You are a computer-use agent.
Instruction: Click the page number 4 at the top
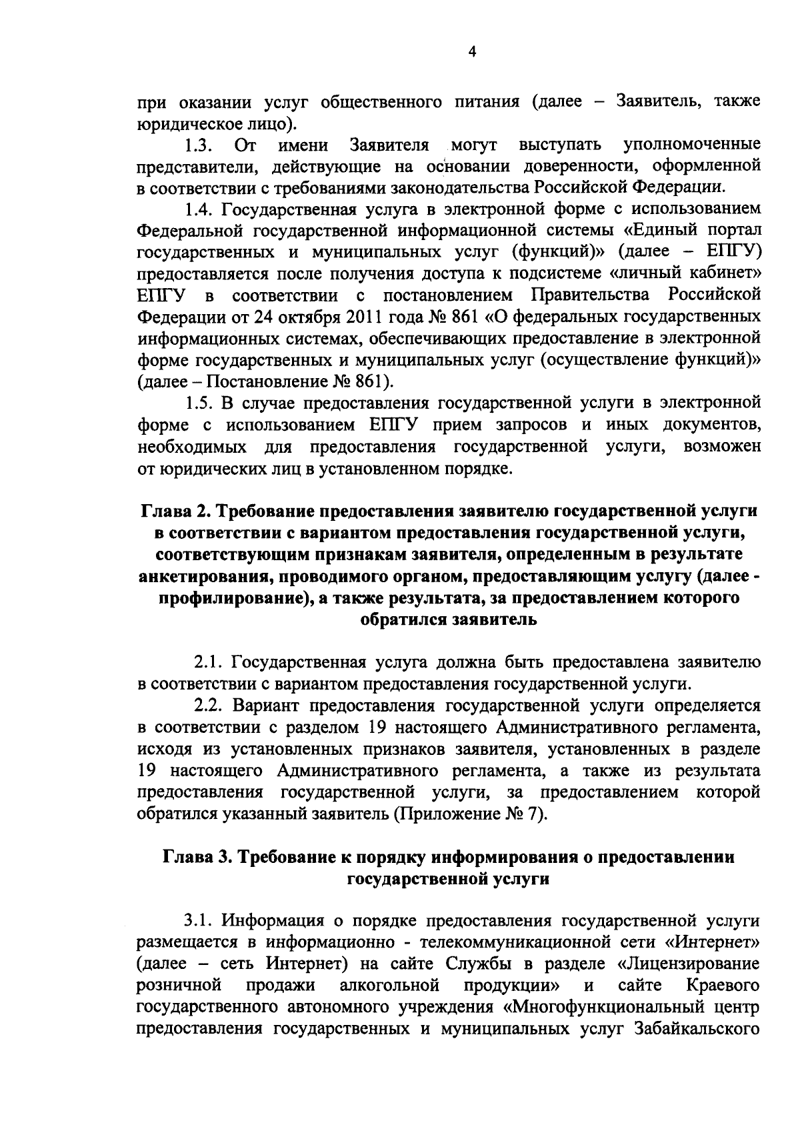[x=472, y=52]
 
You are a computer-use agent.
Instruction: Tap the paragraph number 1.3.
[x=198, y=145]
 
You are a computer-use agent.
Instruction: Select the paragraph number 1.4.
[x=199, y=209]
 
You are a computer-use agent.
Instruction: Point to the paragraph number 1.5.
[x=199, y=403]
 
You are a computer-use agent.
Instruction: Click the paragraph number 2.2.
[x=207, y=706]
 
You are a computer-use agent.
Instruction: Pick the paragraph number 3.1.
[x=199, y=922]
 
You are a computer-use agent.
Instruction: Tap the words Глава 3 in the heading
[x=193, y=858]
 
